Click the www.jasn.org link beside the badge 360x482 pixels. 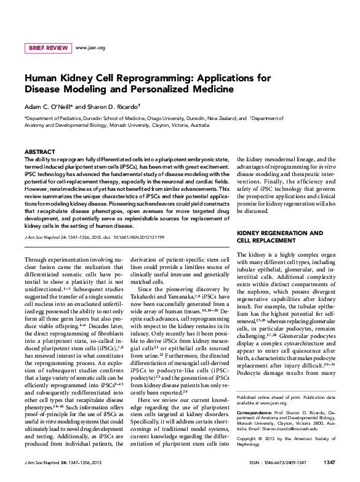[x=90, y=47]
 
